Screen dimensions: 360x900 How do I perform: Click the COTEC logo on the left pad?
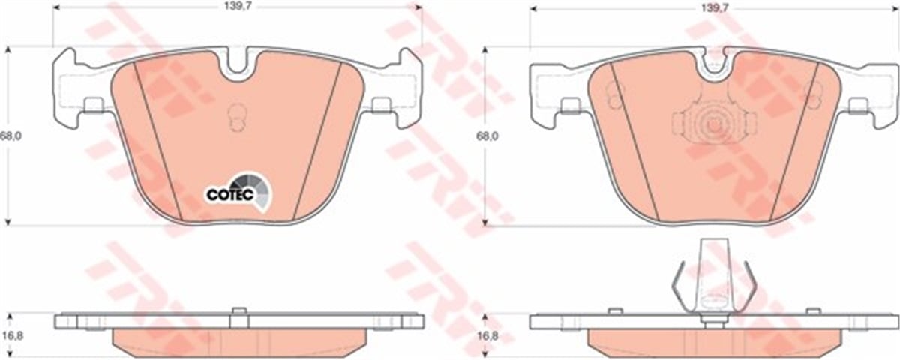[x=239, y=190]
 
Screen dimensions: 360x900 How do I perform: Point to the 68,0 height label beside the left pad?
[x=10, y=136]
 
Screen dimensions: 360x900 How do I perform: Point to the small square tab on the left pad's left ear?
[x=94, y=105]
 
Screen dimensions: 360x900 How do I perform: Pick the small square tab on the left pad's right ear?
[x=382, y=105]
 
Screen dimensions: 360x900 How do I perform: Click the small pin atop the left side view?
[x=238, y=311]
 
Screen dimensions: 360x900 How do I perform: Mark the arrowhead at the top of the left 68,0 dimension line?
[x=7, y=49]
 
